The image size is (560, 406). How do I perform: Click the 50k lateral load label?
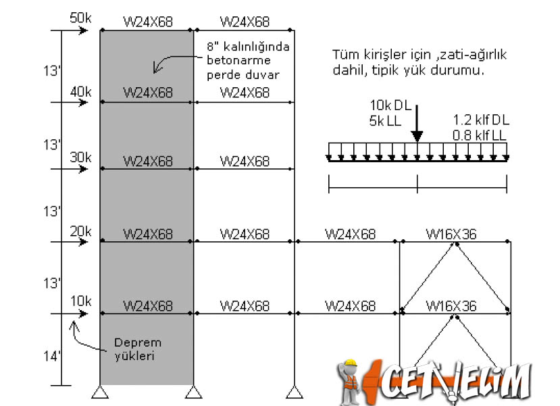tap(80, 18)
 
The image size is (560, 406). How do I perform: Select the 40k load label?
tap(80, 92)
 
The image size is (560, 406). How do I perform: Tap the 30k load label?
tap(80, 157)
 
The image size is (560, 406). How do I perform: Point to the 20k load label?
tap(80, 232)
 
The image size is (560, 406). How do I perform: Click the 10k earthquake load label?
tap(80, 301)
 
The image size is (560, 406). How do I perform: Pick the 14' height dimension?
tap(52, 356)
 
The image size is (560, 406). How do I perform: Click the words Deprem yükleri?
tap(138, 349)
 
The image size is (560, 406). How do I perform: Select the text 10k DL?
tap(390, 105)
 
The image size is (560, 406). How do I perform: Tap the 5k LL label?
tap(385, 121)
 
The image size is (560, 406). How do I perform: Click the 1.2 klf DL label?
tap(481, 120)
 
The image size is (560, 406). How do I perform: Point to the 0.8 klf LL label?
tap(480, 135)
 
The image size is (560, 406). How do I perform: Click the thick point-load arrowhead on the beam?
tap(417, 136)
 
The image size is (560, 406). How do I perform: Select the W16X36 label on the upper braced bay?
tap(451, 234)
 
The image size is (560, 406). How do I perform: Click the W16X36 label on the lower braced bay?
tap(451, 306)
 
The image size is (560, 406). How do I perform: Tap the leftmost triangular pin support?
tap(100, 392)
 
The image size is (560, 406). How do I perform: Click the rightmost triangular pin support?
tap(295, 392)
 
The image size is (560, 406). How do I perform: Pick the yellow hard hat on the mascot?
tap(351, 363)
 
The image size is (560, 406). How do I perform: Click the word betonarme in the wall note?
tap(238, 60)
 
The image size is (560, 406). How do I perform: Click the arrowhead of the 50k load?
tap(84, 30)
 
